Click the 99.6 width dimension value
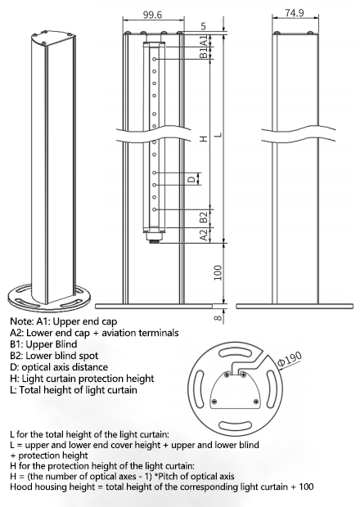click(x=152, y=15)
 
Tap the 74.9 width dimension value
click(x=295, y=12)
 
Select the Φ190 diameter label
click(x=290, y=359)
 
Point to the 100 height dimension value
click(x=218, y=272)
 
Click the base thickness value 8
click(x=218, y=317)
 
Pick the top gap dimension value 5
click(x=204, y=26)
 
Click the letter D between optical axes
click(x=192, y=179)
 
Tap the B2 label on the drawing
click(x=204, y=218)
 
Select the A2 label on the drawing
click(x=204, y=235)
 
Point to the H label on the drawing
click(x=204, y=139)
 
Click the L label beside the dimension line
click(x=219, y=134)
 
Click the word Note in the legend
click(x=21, y=321)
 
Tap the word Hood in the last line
click(x=20, y=487)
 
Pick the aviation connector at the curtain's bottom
click(x=155, y=238)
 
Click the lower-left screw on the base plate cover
click(x=214, y=402)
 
